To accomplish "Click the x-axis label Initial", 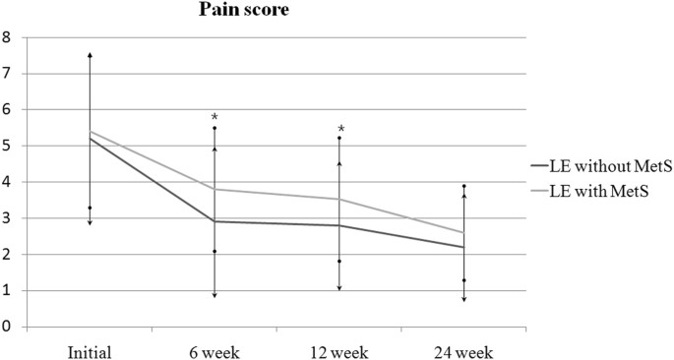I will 90,350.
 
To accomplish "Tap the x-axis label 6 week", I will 214,350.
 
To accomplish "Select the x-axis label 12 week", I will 339,350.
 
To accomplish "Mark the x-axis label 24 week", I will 463,350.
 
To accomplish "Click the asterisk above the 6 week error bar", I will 214,119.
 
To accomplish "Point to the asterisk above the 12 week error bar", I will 340,130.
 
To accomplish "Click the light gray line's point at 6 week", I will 214,189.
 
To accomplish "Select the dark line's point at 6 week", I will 214,221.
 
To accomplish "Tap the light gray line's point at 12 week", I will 339,200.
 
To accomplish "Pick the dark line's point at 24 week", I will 463,247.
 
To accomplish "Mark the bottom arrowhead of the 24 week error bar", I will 463,299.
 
